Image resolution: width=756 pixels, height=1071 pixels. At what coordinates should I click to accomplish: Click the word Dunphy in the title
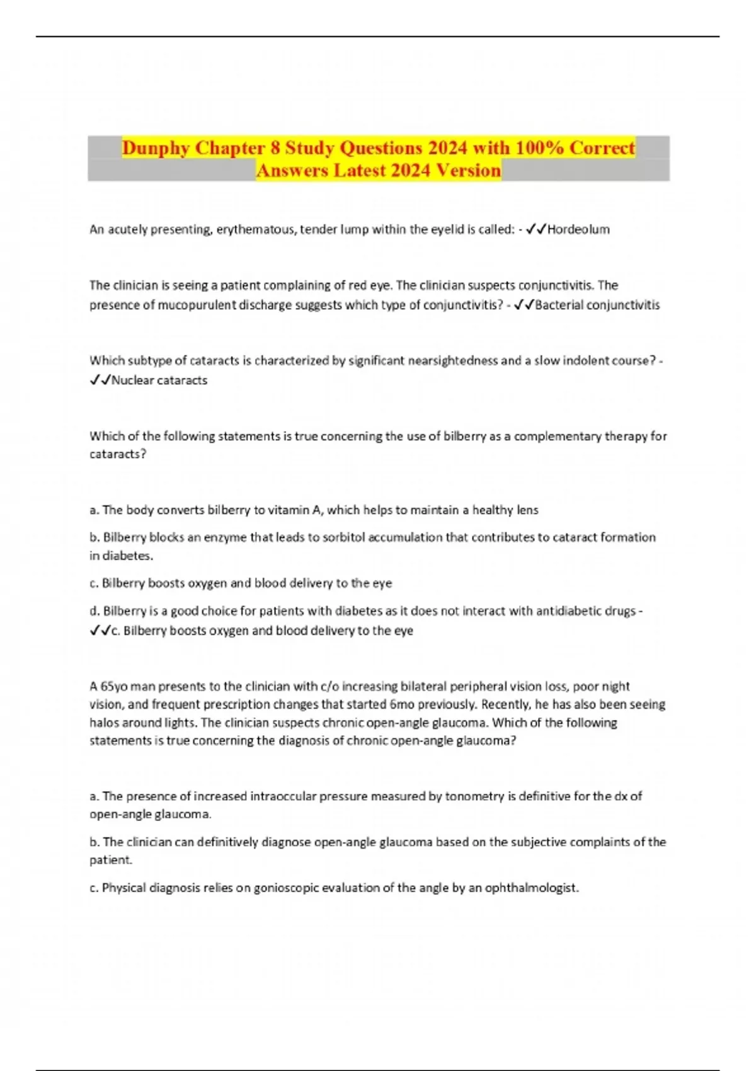(x=156, y=148)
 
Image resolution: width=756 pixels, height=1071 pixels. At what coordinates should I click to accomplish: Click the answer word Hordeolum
(x=578, y=229)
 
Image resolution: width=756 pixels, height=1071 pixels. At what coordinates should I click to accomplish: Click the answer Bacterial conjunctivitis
(x=597, y=305)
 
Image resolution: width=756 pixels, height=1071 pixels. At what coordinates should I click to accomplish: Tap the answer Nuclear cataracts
(x=159, y=380)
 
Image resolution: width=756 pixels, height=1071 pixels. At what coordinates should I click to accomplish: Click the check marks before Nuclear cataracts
(x=100, y=380)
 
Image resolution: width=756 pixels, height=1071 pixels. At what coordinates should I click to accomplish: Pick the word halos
(x=105, y=723)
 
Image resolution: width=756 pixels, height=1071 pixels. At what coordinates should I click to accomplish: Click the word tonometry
(x=471, y=796)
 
